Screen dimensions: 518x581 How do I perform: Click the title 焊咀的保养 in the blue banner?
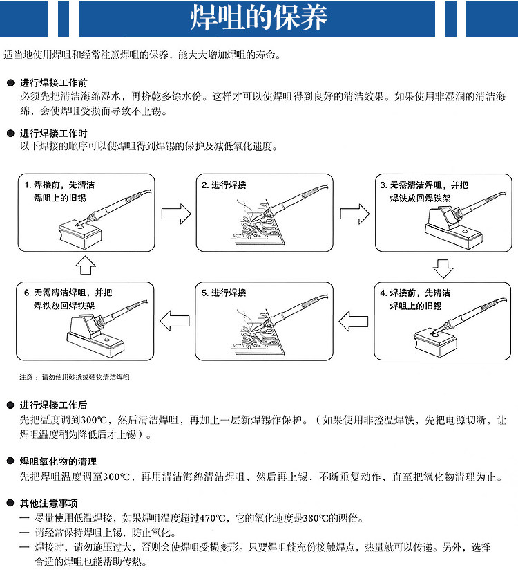coord(258,19)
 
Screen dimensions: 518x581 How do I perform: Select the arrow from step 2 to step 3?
coord(354,212)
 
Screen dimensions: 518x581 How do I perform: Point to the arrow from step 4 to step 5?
coord(354,320)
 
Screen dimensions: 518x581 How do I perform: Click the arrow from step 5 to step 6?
coord(175,320)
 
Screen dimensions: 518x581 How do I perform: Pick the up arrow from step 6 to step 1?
coord(84,264)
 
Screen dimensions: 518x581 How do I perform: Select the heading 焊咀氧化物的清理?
coord(58,461)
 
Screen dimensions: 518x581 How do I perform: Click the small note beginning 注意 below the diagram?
coord(74,378)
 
